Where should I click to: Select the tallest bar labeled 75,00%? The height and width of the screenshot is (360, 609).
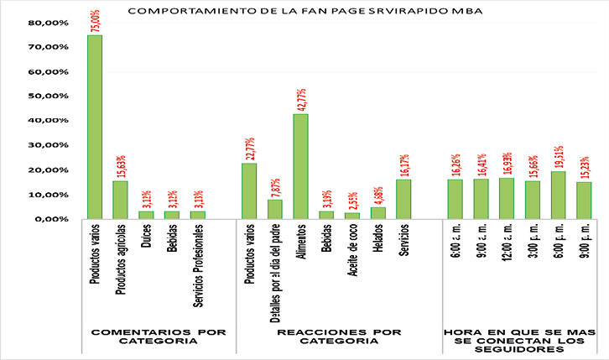[95, 126]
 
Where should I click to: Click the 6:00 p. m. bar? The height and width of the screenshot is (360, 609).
[558, 196]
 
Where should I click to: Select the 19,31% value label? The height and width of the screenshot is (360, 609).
[559, 156]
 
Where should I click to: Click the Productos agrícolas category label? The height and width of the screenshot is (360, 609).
[120, 258]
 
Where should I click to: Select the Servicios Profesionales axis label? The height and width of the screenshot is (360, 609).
[197, 269]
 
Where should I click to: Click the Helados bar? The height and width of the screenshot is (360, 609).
[377, 213]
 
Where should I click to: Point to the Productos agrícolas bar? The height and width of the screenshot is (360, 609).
[120, 200]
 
